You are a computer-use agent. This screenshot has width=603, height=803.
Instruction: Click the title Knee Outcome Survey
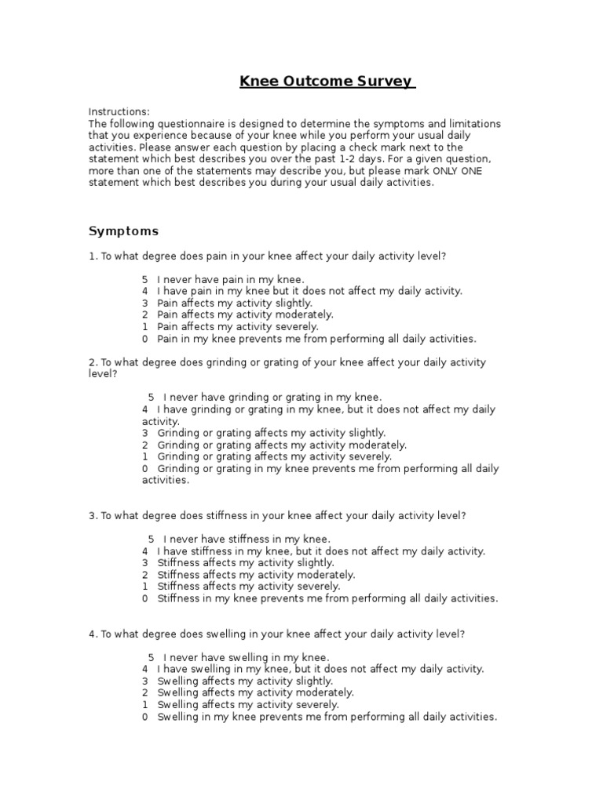pyautogui.click(x=327, y=82)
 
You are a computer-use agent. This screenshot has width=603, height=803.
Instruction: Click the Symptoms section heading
pyautogui.click(x=123, y=231)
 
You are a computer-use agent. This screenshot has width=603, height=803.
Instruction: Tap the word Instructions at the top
pyautogui.click(x=119, y=112)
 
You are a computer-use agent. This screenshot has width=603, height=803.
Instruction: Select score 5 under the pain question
pyautogui.click(x=145, y=279)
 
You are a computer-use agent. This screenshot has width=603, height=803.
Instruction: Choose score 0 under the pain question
pyautogui.click(x=145, y=339)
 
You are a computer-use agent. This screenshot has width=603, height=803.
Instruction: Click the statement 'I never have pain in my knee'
pyautogui.click(x=230, y=279)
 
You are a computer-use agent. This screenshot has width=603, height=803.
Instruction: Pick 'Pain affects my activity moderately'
pyautogui.click(x=245, y=314)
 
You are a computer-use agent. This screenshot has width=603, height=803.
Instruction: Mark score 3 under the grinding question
pyautogui.click(x=145, y=433)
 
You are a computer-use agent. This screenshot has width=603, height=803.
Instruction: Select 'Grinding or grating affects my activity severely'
pyautogui.click(x=275, y=456)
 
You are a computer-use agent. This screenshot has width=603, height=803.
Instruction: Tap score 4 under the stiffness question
pyautogui.click(x=145, y=551)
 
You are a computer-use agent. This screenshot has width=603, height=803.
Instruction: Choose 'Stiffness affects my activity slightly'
pyautogui.click(x=246, y=563)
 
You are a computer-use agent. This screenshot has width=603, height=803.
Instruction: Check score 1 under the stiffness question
pyautogui.click(x=145, y=587)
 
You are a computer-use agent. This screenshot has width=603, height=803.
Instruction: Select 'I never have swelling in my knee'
pyautogui.click(x=246, y=657)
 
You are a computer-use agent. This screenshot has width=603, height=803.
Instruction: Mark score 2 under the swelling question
pyautogui.click(x=145, y=693)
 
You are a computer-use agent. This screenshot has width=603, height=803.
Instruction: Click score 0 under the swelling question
pyautogui.click(x=145, y=717)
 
